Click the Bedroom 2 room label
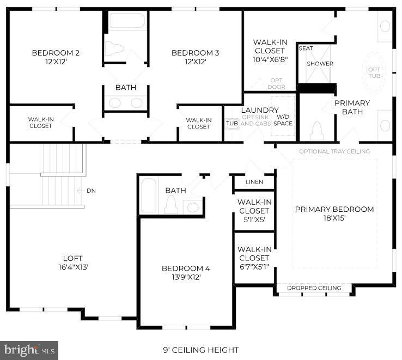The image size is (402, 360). pyautogui.click(x=56, y=57)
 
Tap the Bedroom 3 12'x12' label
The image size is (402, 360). pyautogui.click(x=195, y=57)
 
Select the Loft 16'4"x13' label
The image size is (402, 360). pyautogui.click(x=73, y=263)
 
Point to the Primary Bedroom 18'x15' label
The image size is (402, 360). pyautogui.click(x=334, y=213)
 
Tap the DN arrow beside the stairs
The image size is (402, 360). pyautogui.click(x=81, y=191)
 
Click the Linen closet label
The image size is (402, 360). pyautogui.click(x=254, y=182)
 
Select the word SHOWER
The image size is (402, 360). pyautogui.click(x=320, y=64)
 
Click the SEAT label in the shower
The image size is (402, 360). pyautogui.click(x=306, y=48)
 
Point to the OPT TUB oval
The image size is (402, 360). pyautogui.click(x=374, y=73)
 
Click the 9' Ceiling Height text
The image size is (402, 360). pyautogui.click(x=201, y=350)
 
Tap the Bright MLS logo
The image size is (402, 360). pyautogui.click(x=29, y=350)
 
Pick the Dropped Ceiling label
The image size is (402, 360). pyautogui.click(x=314, y=288)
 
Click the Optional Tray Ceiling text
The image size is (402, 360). pyautogui.click(x=334, y=151)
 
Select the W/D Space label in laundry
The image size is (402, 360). pyautogui.click(x=283, y=120)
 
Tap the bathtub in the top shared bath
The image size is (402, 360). pyautogui.click(x=127, y=21)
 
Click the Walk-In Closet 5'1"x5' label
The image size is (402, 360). pyautogui.click(x=254, y=211)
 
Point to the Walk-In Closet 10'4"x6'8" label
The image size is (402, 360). pyautogui.click(x=270, y=51)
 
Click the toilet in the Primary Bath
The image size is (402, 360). pyautogui.click(x=317, y=131)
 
